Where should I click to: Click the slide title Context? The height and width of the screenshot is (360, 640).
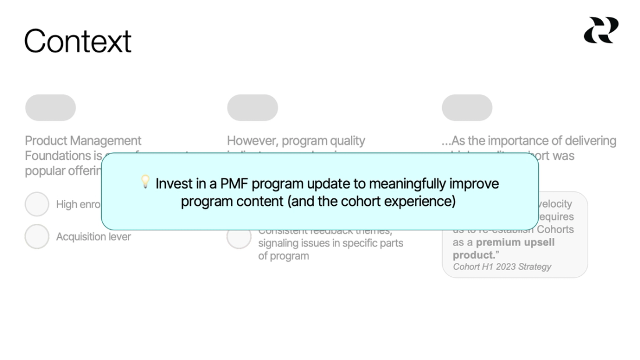pos(78,41)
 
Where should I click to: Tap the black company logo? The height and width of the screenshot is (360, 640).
pos(600,30)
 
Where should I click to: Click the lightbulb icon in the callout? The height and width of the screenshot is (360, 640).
pos(145,182)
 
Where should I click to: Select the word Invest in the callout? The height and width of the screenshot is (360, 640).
pos(172,184)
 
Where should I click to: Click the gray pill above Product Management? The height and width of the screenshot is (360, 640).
pos(51,108)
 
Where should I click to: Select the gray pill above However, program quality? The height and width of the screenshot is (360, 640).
pos(253,108)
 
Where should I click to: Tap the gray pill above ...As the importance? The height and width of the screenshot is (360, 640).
pos(467,108)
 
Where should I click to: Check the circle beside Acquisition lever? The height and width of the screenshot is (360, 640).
pos(37,237)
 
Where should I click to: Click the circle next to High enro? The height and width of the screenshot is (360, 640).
pos(37,204)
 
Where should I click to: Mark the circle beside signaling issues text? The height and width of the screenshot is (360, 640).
pos(239,238)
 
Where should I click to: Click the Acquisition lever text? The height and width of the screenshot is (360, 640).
pos(93,237)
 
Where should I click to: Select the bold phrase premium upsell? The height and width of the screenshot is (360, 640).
pos(515,243)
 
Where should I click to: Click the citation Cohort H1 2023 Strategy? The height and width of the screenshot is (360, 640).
pos(502,267)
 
